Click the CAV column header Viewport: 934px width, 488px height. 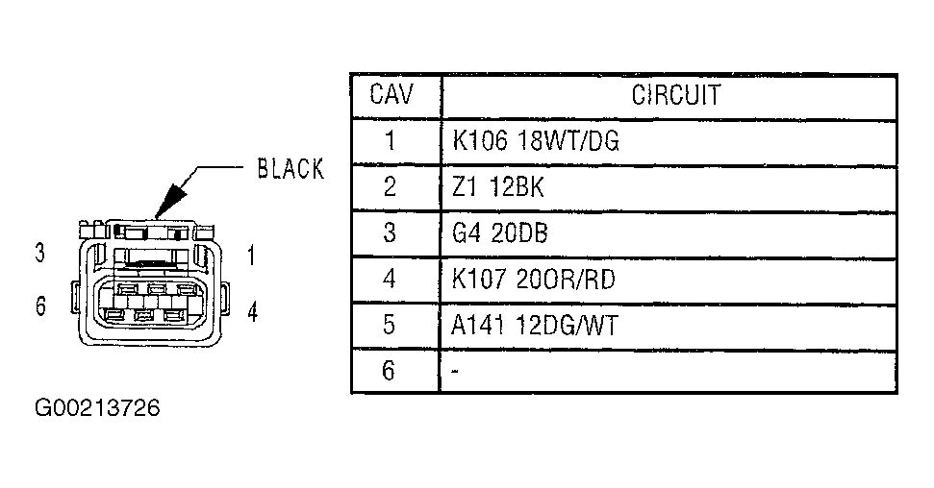(x=389, y=95)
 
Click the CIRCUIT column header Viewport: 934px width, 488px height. (x=676, y=95)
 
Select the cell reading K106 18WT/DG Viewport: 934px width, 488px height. (x=536, y=141)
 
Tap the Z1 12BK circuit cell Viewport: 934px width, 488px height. (x=497, y=187)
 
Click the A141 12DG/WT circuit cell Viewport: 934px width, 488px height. (x=534, y=326)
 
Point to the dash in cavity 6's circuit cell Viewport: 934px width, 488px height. (x=454, y=371)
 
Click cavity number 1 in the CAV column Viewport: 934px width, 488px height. (x=390, y=141)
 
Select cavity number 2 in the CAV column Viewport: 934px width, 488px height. (x=390, y=187)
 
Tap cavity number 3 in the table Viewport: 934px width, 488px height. (x=390, y=233)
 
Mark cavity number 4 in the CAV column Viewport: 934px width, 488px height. (x=390, y=280)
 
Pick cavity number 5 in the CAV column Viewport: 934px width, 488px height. (x=390, y=326)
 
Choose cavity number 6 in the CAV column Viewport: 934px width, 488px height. (x=390, y=371)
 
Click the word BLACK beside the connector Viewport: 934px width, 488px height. (x=290, y=170)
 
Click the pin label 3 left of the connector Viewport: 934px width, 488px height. (x=40, y=255)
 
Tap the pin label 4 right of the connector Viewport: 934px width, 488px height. (x=252, y=313)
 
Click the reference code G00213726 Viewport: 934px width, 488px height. (x=97, y=408)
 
